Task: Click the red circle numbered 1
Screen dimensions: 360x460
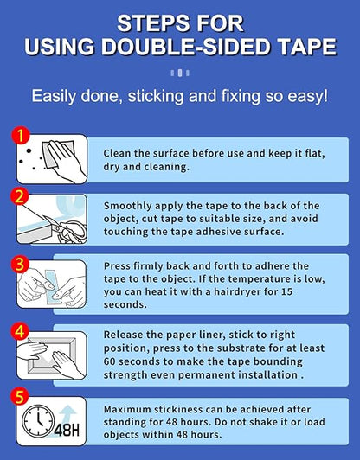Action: [x=20, y=135]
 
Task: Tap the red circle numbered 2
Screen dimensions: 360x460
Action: [x=19, y=196]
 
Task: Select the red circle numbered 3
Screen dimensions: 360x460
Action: [x=20, y=264]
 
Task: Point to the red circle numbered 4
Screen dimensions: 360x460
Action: [x=20, y=331]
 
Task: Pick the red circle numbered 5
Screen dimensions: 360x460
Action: [x=19, y=397]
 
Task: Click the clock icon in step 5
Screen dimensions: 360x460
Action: [x=38, y=420]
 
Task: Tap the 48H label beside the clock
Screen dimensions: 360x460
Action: [x=67, y=430]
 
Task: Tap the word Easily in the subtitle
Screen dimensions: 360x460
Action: [x=54, y=97]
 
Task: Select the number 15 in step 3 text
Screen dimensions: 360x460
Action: [x=286, y=291]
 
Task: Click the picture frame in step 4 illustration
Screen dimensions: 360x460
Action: [x=52, y=355]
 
